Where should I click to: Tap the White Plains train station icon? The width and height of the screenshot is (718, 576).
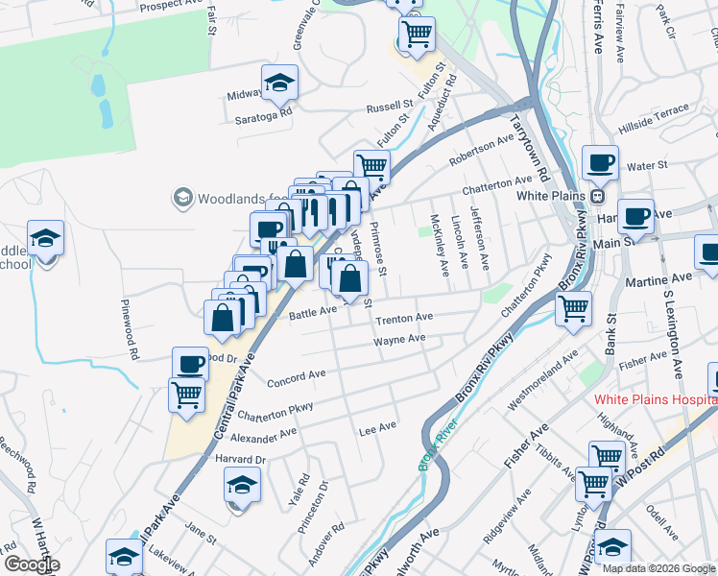point(597,196)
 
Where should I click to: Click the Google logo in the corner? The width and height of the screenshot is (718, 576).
point(31,564)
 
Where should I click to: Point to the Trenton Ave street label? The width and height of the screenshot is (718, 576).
point(404,318)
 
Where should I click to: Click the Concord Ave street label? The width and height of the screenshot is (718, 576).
point(297,376)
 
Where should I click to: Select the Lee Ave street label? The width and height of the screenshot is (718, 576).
point(377,428)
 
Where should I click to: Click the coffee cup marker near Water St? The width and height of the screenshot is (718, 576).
point(600,163)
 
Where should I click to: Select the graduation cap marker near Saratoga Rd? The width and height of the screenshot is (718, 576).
point(279,84)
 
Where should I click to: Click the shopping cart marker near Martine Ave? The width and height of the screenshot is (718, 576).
point(573,310)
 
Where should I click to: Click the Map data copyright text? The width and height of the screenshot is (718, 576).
point(658,567)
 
